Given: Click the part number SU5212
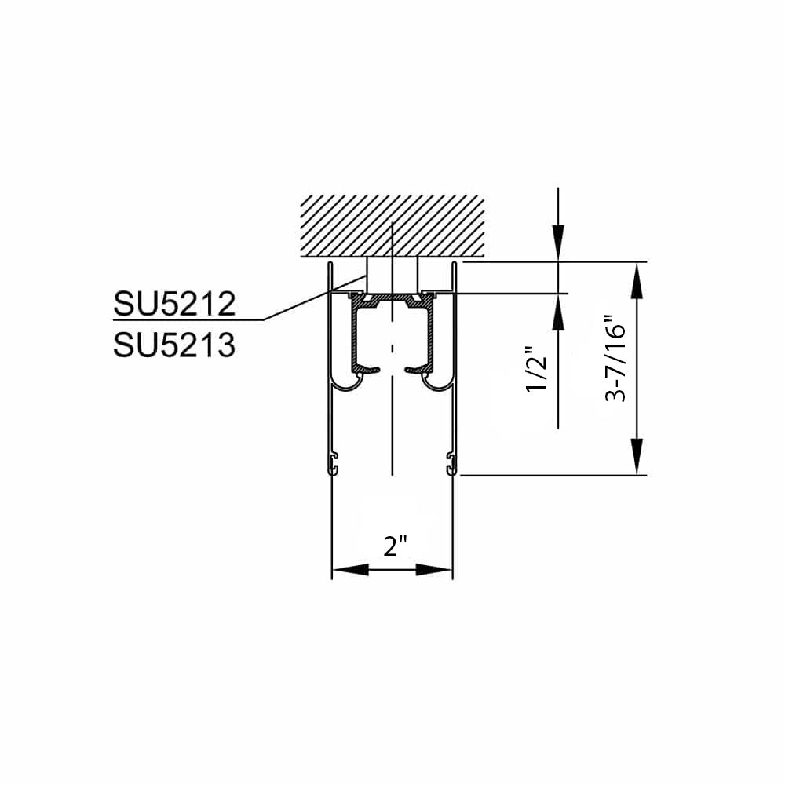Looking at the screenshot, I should tap(173, 305).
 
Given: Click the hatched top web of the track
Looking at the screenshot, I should tap(392, 301).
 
